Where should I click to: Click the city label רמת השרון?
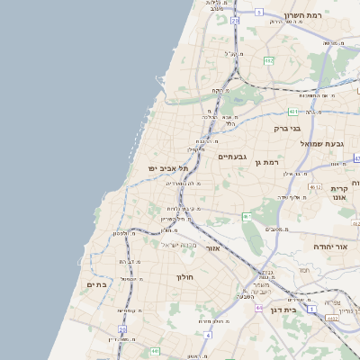(303, 15)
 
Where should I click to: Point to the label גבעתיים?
(232, 156)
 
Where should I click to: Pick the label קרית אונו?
(339, 193)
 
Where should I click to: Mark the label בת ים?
(96, 284)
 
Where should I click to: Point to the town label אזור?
(212, 247)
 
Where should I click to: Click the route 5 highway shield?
(258, 12)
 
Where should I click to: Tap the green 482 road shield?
(268, 60)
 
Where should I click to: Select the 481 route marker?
(293, 112)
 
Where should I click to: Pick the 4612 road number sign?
(315, 187)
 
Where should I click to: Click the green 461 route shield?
(247, 216)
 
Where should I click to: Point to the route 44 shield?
(258, 308)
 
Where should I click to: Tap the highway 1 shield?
(311, 309)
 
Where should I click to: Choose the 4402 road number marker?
(332, 318)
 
